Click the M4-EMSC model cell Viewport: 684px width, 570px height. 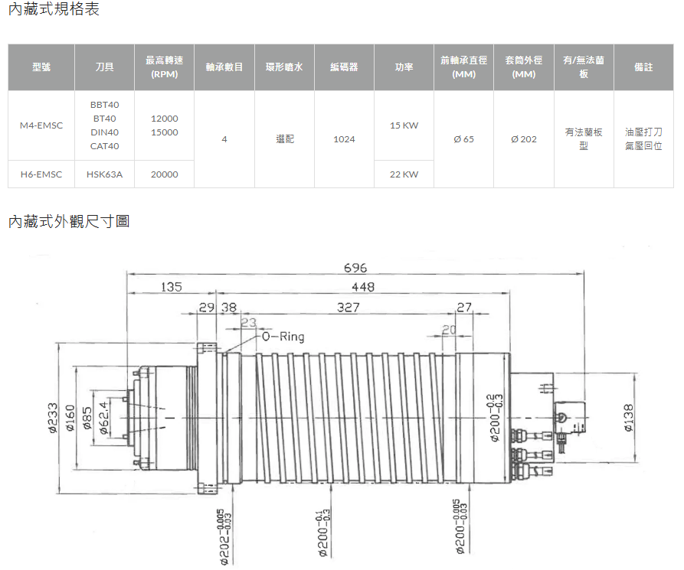coord(41,125)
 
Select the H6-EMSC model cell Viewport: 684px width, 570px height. coord(41,174)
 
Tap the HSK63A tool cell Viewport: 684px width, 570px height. coord(105,174)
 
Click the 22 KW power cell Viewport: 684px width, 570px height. coord(404,174)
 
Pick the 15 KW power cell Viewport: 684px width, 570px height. coord(404,125)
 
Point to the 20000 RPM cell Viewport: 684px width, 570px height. coord(165,174)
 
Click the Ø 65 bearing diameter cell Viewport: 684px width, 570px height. coord(463,139)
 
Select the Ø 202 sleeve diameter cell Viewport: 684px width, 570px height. coord(524,139)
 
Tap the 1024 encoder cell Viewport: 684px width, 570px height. coord(344,139)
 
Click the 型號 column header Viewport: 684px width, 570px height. coord(41,67)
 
